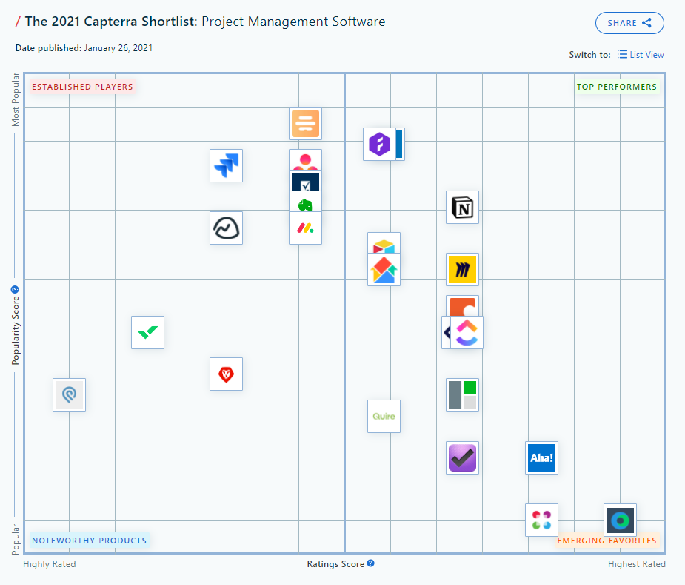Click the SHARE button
(x=629, y=23)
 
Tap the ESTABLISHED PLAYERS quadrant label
(x=82, y=87)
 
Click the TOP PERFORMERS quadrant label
(x=617, y=87)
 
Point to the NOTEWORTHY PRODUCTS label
(x=89, y=541)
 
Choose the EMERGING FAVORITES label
(x=607, y=541)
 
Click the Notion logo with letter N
(x=463, y=208)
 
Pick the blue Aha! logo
(x=541, y=458)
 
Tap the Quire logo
(x=384, y=416)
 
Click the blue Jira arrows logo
(x=227, y=165)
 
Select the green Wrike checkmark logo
(x=147, y=332)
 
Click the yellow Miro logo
(x=463, y=270)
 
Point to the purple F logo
(x=379, y=144)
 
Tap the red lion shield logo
(x=226, y=374)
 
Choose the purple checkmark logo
(x=463, y=458)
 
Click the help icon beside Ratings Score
(x=371, y=563)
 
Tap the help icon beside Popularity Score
(x=15, y=290)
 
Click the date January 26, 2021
(x=118, y=48)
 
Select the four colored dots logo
(x=541, y=520)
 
